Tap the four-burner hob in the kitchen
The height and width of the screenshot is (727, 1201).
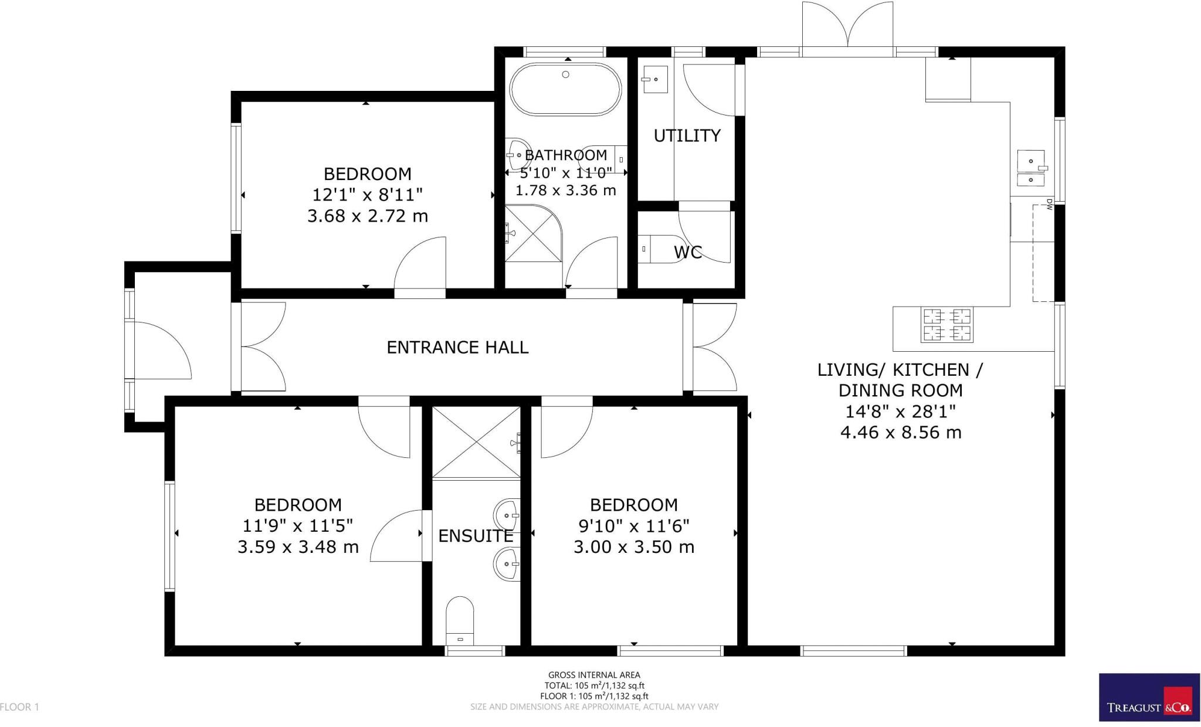[x=948, y=325]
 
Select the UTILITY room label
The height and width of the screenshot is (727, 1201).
[x=687, y=135]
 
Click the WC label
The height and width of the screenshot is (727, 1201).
[x=687, y=253]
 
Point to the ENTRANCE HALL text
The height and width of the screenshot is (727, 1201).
[x=457, y=348]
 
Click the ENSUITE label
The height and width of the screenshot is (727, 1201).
[x=476, y=536]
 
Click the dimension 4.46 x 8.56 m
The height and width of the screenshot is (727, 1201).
[x=900, y=433]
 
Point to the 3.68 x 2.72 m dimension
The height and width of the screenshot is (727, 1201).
[x=368, y=216]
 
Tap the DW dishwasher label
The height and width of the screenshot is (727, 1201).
[x=1050, y=205]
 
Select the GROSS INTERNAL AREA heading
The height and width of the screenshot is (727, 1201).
[x=594, y=675]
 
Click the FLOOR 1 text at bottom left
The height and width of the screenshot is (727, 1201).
[x=20, y=707]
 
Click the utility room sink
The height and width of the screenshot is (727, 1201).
[x=655, y=79]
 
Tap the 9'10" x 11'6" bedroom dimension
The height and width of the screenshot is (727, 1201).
[x=633, y=526]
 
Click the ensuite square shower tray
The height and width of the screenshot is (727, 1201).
[x=476, y=443]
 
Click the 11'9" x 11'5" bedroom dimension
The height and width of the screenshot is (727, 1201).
[x=298, y=526]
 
